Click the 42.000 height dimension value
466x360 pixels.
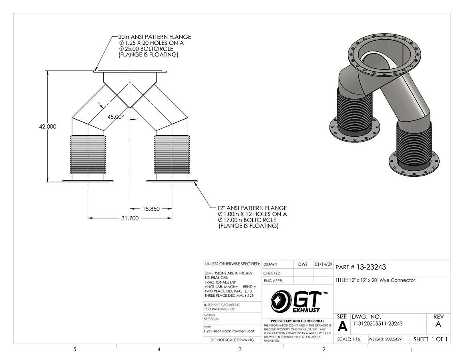(x=48, y=126)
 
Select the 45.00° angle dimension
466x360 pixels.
(x=116, y=117)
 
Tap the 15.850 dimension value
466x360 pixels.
(x=151, y=209)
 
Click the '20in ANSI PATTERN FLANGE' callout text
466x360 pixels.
(x=155, y=37)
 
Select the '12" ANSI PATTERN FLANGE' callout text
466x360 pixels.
(x=252, y=208)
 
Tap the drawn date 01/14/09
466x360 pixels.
(x=323, y=264)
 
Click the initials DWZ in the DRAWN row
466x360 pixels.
(x=303, y=264)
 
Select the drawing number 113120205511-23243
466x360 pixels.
(x=377, y=324)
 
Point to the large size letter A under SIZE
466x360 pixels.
(x=342, y=326)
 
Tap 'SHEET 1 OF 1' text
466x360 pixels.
(x=430, y=339)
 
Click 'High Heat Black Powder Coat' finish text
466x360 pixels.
(x=229, y=331)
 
